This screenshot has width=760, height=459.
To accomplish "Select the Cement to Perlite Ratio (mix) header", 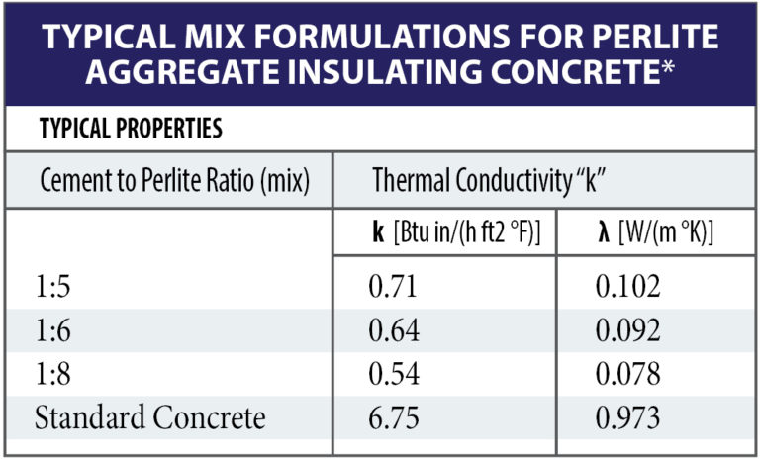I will [174, 181].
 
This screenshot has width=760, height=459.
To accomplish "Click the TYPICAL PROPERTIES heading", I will [130, 129].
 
